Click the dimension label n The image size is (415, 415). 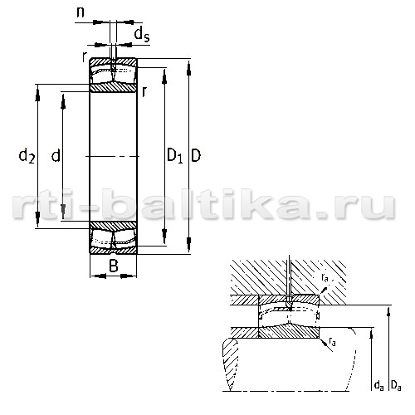[81, 12]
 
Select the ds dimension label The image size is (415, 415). [142, 35]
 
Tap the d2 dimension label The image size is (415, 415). [27, 155]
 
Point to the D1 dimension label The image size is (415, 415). [175, 155]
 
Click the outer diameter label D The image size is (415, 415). [196, 155]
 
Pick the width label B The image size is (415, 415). [114, 266]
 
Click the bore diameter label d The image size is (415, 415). [56, 155]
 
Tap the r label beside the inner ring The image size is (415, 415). [144, 92]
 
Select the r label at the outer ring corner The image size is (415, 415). [85, 57]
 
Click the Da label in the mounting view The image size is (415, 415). [396, 385]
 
